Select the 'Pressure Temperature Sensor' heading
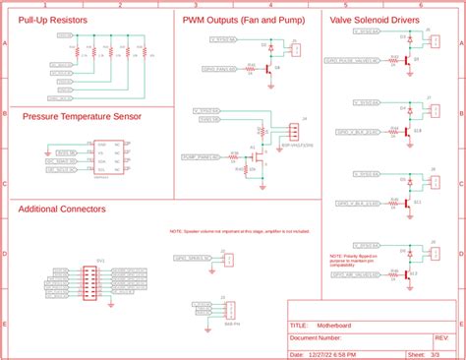pos(83,115)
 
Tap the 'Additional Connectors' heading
pos(63,209)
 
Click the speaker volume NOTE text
pos(239,231)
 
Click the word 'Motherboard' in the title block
pos(333,325)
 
